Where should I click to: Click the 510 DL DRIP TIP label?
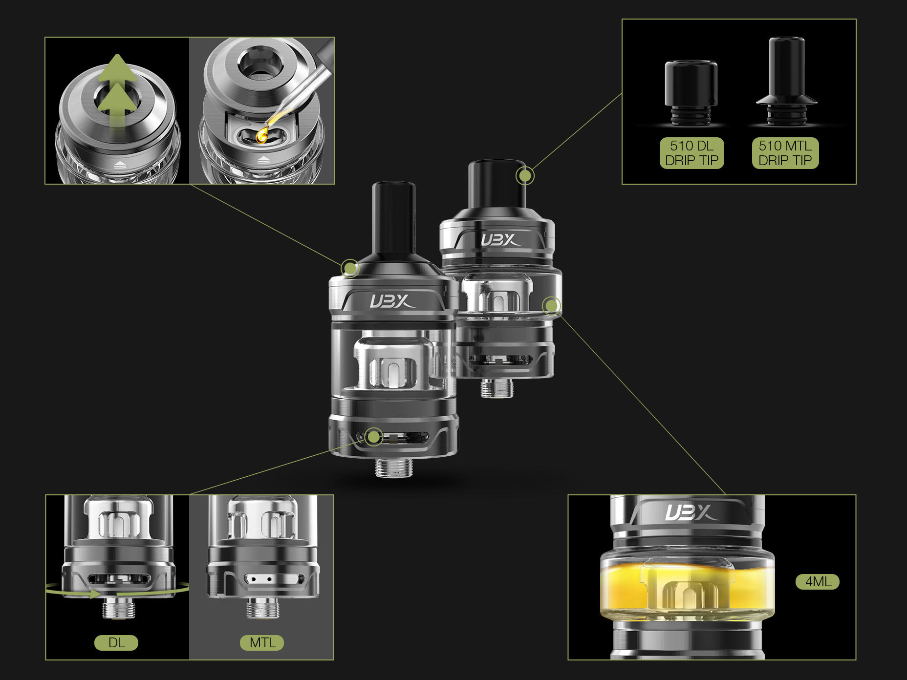(x=691, y=153)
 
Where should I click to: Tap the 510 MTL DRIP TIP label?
(x=785, y=153)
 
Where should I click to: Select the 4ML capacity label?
(x=818, y=582)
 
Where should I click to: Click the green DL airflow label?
(x=116, y=643)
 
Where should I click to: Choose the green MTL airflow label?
(x=262, y=643)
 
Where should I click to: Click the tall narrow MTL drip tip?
(x=786, y=81)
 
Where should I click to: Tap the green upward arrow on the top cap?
(x=116, y=90)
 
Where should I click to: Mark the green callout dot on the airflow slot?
(x=374, y=437)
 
